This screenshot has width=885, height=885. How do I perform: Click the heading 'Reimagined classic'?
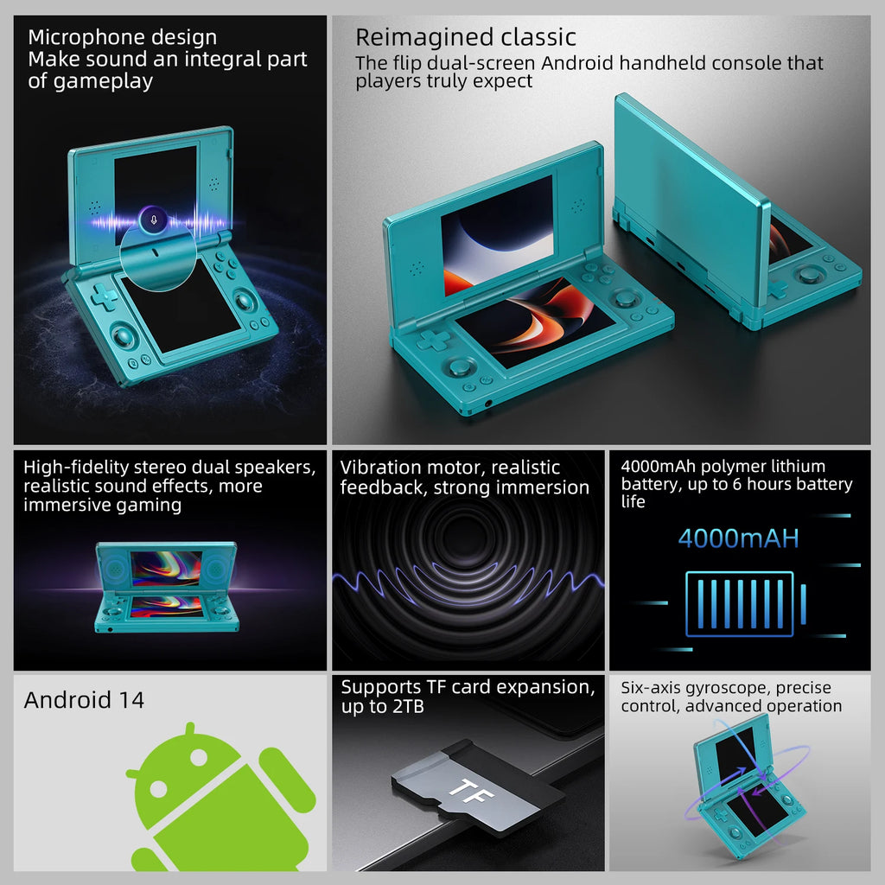pyautogui.click(x=466, y=37)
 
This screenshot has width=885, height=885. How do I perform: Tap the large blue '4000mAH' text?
pyautogui.click(x=738, y=538)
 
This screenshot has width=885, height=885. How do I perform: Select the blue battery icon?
pyautogui.click(x=740, y=603)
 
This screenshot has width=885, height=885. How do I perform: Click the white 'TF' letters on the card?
pyautogui.click(x=467, y=787)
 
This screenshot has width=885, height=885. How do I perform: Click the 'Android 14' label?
pyautogui.click(x=84, y=699)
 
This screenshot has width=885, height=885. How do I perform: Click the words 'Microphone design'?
pyautogui.click(x=122, y=37)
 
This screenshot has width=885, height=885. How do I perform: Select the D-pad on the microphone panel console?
pyautogui.click(x=105, y=296)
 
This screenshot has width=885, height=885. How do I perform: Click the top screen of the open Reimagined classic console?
pyautogui.click(x=497, y=222)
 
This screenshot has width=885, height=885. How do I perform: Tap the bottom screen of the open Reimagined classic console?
pyautogui.click(x=536, y=321)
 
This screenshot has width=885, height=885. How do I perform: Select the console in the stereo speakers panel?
pyautogui.click(x=167, y=587)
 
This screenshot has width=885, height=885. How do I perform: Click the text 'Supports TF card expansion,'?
pyautogui.click(x=468, y=687)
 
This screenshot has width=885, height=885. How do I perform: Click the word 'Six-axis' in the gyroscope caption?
pyautogui.click(x=652, y=688)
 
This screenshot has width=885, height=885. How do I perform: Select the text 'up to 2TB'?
pyautogui.click(x=383, y=707)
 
